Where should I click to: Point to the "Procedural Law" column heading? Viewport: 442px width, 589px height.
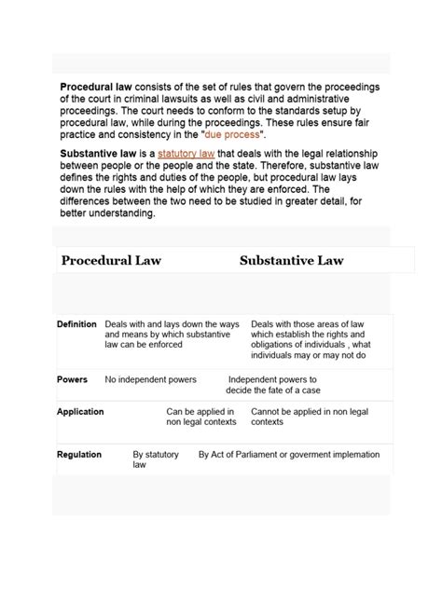(x=111, y=260)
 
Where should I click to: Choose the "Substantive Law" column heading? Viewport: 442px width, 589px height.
(x=291, y=260)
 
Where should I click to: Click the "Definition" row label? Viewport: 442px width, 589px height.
(x=76, y=324)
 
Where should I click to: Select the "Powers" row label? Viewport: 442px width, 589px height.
(x=72, y=380)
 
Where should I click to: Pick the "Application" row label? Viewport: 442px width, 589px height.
(x=80, y=411)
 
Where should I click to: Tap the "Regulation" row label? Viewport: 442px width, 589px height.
(x=79, y=455)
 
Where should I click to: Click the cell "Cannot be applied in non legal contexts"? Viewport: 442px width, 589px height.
(x=307, y=416)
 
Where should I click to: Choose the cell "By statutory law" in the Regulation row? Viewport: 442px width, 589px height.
(x=154, y=459)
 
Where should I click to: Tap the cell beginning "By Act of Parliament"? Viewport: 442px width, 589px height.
(x=289, y=455)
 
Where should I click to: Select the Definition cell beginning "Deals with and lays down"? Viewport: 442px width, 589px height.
(x=172, y=334)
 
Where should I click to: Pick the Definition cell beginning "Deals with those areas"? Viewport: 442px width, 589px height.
(x=311, y=339)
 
